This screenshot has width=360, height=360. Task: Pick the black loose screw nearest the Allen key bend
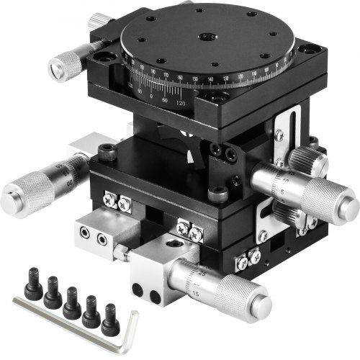(x=109, y=318)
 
